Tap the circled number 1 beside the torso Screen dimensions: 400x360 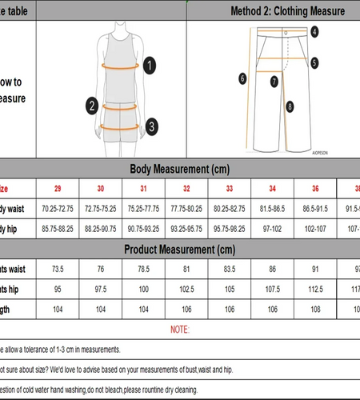(x=150, y=66)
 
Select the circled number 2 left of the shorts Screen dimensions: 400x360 (x=93, y=106)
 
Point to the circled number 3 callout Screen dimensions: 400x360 (x=152, y=126)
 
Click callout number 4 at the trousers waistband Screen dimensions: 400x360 (x=315, y=32)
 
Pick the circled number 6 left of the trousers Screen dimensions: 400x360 (x=242, y=78)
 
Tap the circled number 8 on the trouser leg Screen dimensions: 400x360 (x=290, y=105)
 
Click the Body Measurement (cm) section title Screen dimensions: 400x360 (x=181, y=169)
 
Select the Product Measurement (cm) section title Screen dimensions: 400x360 (x=181, y=250)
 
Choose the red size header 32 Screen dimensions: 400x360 (x=186, y=189)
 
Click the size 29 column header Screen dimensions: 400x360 (x=58, y=189)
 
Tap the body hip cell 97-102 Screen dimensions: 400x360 (x=273, y=228)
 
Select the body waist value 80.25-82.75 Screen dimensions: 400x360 (x=230, y=208)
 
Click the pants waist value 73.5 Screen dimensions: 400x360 (x=58, y=270)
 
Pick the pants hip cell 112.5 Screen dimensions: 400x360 (x=316, y=289)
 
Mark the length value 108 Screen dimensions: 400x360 (x=316, y=308)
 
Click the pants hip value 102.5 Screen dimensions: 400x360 (x=186, y=289)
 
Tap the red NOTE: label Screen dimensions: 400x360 (x=181, y=329)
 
